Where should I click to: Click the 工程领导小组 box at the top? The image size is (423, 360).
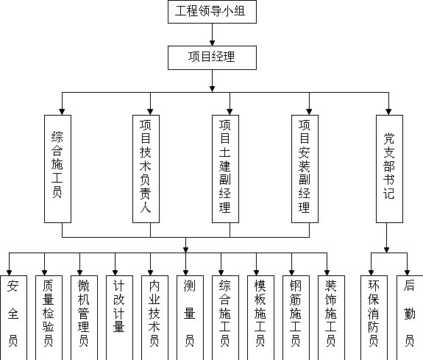pyautogui.click(x=212, y=12)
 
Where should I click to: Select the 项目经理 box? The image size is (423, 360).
pyautogui.click(x=212, y=57)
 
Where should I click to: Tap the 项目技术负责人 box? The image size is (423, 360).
pyautogui.click(x=146, y=169)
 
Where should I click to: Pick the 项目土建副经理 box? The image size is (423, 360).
pyautogui.click(x=225, y=169)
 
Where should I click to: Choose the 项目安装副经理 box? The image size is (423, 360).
pyautogui.click(x=305, y=169)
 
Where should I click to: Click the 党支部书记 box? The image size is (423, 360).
pyautogui.click(x=390, y=169)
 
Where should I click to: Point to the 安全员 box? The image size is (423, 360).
pyautogui.click(x=13, y=317)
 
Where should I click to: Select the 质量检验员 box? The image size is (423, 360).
pyautogui.click(x=49, y=317)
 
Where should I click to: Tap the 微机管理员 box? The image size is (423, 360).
pyautogui.click(x=84, y=317)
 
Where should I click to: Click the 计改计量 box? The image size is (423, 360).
pyautogui.click(x=119, y=317)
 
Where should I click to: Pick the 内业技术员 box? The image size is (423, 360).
pyautogui.click(x=154, y=317)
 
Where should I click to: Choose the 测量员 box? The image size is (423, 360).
pyautogui.click(x=191, y=317)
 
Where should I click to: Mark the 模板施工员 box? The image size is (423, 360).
pyautogui.click(x=261, y=317)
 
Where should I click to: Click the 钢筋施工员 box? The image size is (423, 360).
pyautogui.click(x=296, y=317)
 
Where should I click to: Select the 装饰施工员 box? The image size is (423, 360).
pyautogui.click(x=332, y=317)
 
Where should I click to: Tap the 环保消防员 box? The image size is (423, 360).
pyautogui.click(x=374, y=317)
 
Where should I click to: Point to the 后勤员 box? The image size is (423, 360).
pyautogui.click(x=410, y=317)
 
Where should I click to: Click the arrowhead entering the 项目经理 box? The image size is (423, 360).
pyautogui.click(x=212, y=43)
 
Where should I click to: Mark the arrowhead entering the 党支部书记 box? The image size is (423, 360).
pyautogui.click(x=388, y=112)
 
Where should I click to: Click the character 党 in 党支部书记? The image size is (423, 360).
pyautogui.click(x=389, y=138)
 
